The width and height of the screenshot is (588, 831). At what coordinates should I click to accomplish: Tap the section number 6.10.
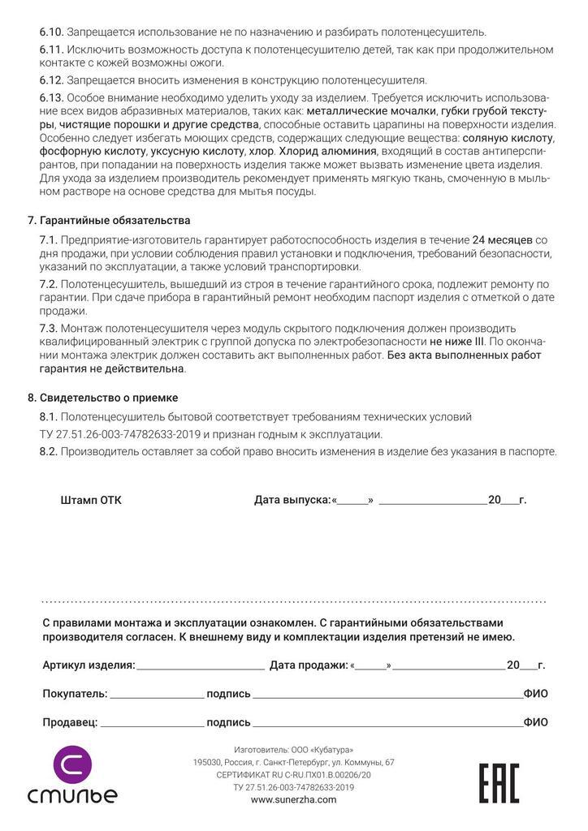(51, 32)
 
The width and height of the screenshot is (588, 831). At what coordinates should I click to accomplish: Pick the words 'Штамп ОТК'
(91, 500)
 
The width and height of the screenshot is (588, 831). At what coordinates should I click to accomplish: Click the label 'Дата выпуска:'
(292, 500)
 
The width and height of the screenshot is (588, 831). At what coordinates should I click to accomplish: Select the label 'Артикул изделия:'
(89, 665)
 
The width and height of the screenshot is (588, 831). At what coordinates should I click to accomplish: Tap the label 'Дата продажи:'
(309, 665)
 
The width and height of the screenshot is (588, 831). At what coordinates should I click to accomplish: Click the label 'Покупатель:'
(75, 694)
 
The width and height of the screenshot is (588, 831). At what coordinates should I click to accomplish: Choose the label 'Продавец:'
(70, 722)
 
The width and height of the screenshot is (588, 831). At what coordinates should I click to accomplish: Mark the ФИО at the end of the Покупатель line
(535, 694)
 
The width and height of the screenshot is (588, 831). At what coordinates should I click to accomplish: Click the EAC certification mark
(499, 783)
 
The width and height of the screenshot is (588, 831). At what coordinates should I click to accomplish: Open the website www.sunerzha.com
(293, 799)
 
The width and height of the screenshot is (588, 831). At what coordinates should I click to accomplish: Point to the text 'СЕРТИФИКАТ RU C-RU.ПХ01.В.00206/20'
(293, 775)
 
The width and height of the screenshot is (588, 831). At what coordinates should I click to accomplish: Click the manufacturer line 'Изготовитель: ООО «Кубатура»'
(293, 749)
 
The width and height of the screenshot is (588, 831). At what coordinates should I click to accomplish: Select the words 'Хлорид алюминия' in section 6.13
(328, 151)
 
